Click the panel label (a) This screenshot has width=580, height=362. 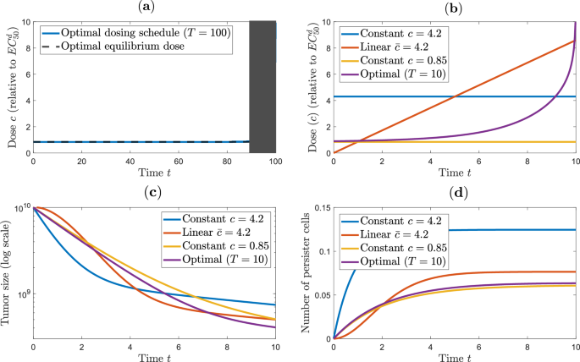click(x=154, y=7)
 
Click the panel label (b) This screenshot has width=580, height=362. click(x=456, y=7)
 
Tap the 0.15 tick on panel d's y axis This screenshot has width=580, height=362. click(x=320, y=206)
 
